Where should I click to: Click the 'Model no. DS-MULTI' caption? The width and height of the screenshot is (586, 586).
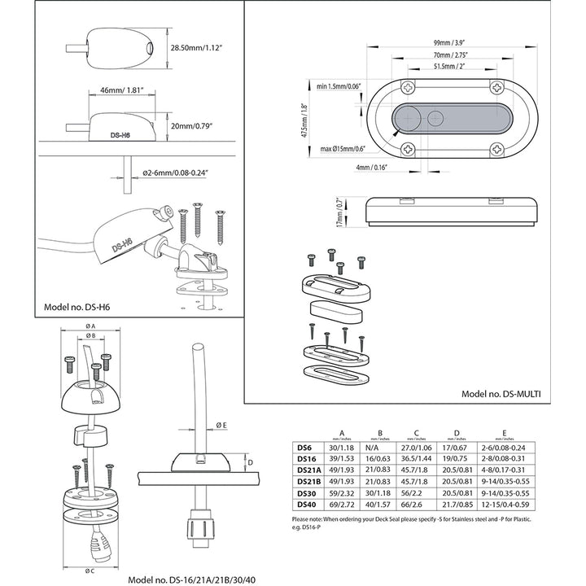click(501, 392)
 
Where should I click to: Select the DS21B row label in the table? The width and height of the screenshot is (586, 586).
click(308, 483)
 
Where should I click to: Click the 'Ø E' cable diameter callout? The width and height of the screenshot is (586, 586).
click(221, 426)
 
